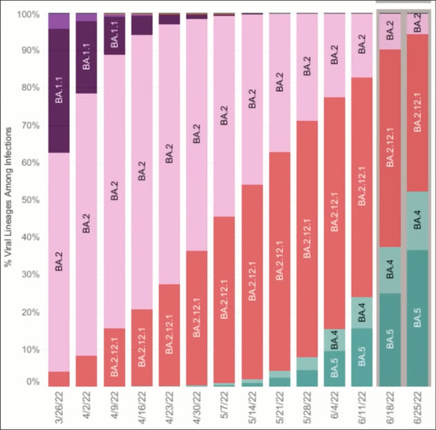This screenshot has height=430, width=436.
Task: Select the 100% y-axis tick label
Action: point(27,15)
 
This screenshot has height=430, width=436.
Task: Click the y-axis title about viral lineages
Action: point(8,200)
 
